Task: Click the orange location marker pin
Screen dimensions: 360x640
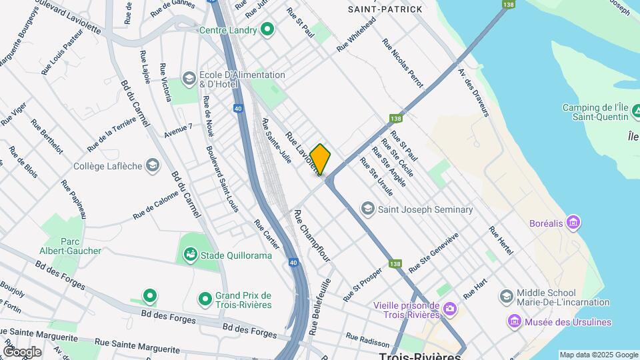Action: (320, 159)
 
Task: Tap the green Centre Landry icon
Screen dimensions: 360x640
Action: (267, 30)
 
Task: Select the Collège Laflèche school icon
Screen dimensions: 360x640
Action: (153, 165)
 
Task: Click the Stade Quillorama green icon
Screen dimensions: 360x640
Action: (190, 254)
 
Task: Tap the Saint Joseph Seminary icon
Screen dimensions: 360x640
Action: (367, 209)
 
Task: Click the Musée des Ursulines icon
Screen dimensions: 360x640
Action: (514, 323)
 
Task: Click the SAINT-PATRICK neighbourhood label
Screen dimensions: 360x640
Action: (385, 9)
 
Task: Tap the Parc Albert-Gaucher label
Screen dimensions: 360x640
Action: (79, 245)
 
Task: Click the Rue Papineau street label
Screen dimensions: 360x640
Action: (74, 198)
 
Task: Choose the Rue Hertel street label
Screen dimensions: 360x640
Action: (501, 241)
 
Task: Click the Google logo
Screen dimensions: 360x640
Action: (22, 351)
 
